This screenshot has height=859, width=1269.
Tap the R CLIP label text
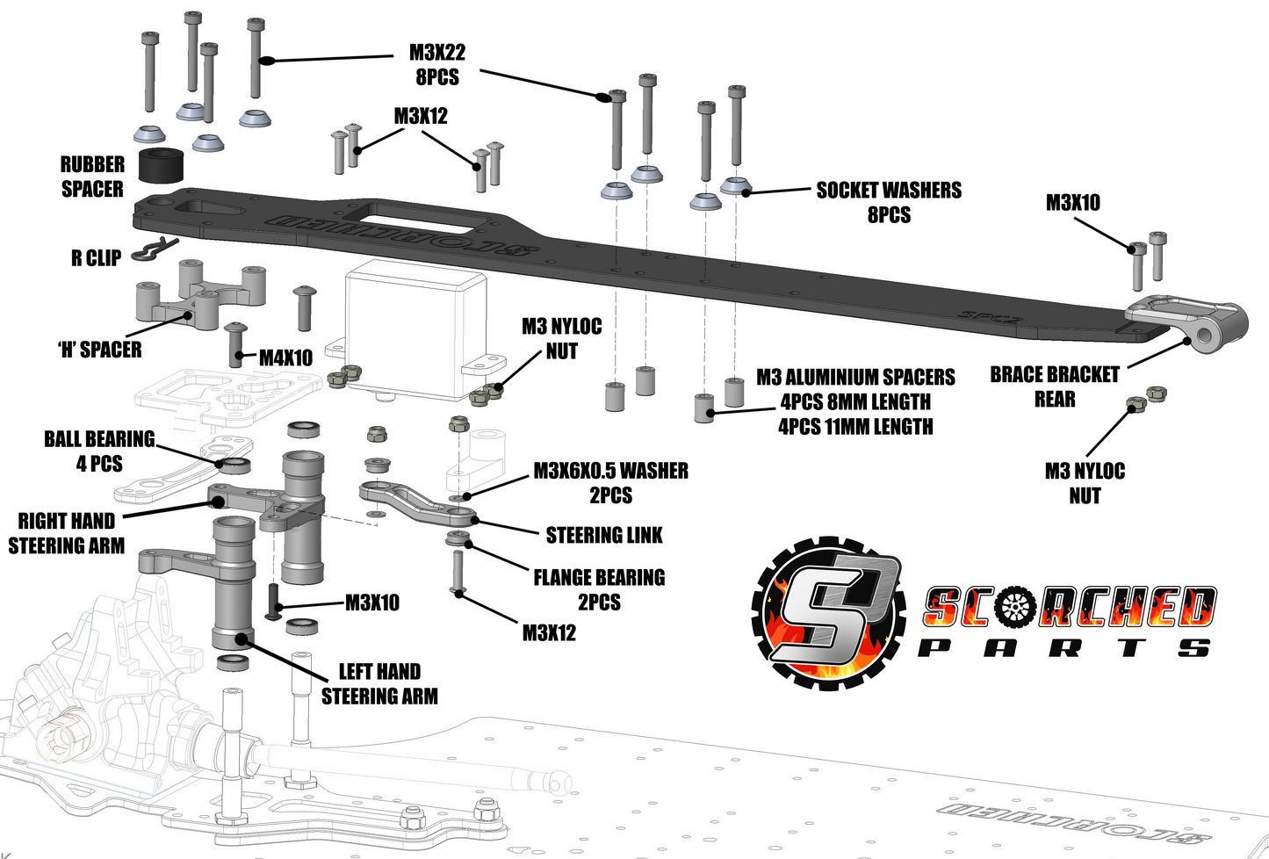click(96, 258)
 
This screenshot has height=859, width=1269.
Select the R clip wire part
click(153, 250)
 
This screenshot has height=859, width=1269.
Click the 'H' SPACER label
click(99, 350)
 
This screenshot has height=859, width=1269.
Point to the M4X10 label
click(285, 357)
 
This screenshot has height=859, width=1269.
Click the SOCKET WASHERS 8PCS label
click(889, 202)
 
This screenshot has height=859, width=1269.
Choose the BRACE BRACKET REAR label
click(1055, 386)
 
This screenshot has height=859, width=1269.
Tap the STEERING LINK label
click(604, 535)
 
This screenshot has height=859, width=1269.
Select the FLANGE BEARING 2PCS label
click(599, 589)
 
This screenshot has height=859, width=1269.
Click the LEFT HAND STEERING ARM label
click(379, 683)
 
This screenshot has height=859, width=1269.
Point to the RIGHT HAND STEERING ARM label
click(67, 533)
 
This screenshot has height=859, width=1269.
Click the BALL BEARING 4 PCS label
click(99, 451)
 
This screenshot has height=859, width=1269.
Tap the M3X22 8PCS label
click(437, 65)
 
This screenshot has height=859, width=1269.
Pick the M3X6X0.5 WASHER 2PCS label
click(611, 482)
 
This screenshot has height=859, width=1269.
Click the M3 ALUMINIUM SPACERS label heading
click(855, 378)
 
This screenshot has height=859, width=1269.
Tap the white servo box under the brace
click(415, 334)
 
